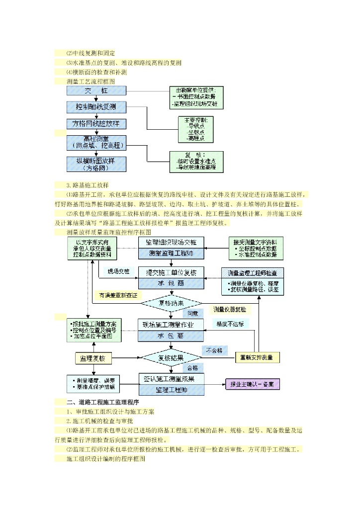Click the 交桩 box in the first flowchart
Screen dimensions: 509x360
pos(96,91)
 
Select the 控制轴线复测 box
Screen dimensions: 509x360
pos(96,107)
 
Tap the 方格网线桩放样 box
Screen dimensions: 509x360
pos(96,123)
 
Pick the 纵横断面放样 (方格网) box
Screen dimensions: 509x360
pos(96,164)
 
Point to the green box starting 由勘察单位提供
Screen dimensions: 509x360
pos(196,97)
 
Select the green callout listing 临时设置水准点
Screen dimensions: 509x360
pos(196,162)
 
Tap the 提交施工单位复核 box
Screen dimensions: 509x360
pos(171,272)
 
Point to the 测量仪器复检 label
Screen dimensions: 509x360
pos(229,309)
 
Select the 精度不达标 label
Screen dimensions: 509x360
pos(230,323)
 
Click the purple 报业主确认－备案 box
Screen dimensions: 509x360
pos(252,384)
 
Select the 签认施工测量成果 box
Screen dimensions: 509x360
pos(171,379)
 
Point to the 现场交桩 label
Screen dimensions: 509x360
pos(119,271)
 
